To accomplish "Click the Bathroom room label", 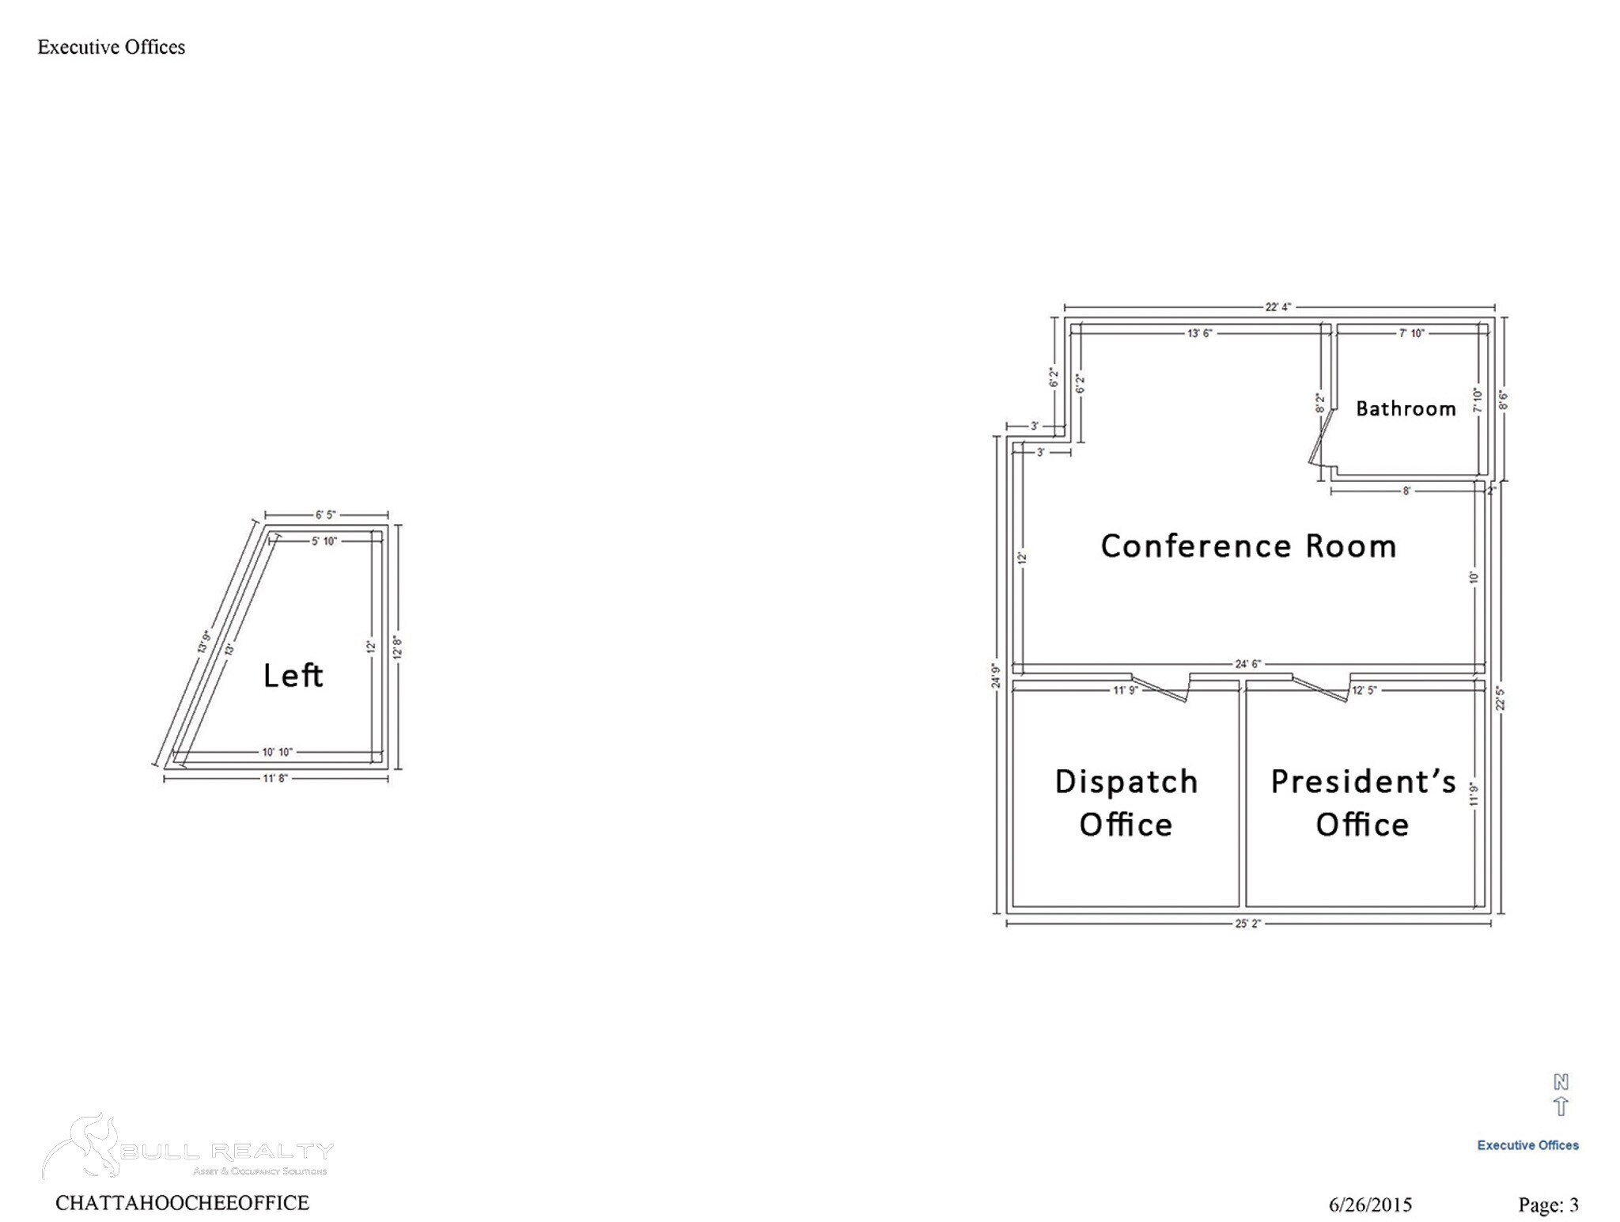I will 1406,408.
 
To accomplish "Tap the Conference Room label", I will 1248,546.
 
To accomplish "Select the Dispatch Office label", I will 1126,803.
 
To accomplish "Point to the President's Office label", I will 1363,803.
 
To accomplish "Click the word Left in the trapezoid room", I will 293,675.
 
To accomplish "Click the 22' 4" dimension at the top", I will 1277,307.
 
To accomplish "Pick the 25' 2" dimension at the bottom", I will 1247,924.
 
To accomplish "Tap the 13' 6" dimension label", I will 1199,333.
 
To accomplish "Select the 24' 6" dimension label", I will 1247,664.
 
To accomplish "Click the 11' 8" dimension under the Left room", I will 275,779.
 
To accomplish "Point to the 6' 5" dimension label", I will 326,514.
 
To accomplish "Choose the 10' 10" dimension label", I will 277,752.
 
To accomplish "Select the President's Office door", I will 1321,688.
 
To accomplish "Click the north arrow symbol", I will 1561,1096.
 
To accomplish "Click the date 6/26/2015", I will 1370,1205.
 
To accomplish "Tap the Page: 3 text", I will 1548,1205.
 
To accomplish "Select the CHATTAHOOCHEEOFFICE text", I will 182,1203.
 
